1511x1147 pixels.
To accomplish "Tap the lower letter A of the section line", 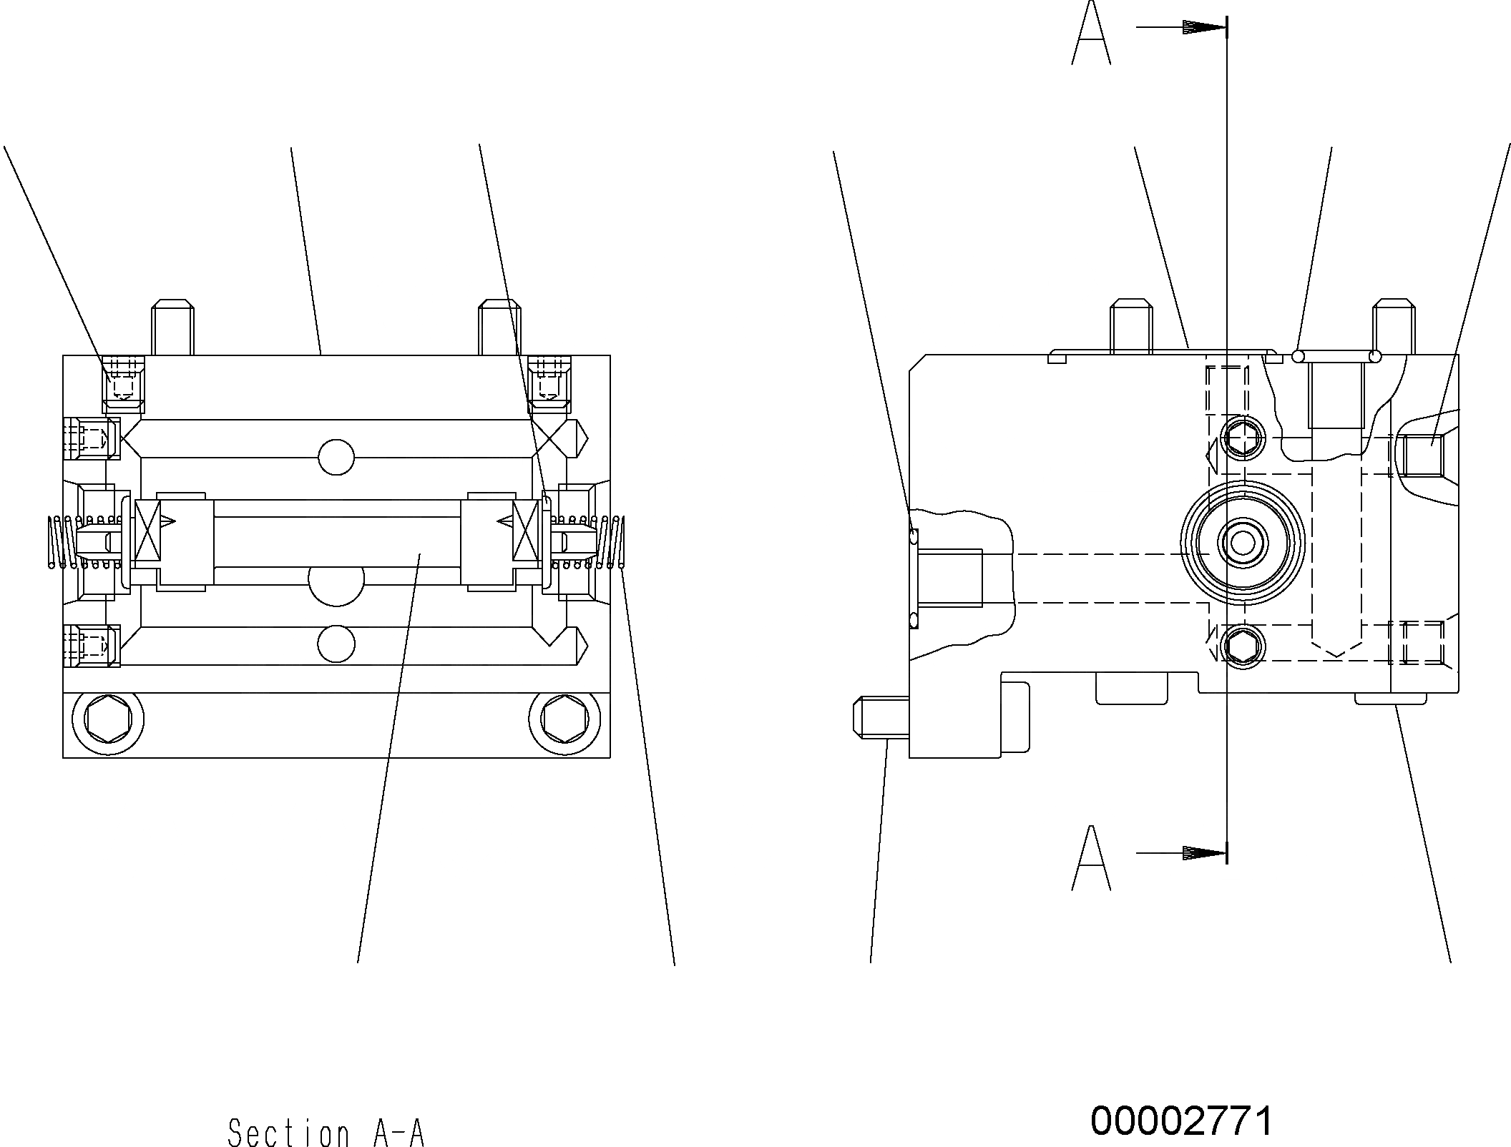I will (1091, 858).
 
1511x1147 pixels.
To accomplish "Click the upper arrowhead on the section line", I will (1205, 28).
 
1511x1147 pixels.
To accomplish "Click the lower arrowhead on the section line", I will (1205, 853).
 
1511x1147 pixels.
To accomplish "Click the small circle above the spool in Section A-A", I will (336, 457).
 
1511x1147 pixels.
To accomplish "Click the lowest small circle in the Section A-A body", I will (336, 643).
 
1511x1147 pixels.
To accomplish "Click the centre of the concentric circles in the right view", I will (1242, 543).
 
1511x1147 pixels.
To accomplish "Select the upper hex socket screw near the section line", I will (1242, 436).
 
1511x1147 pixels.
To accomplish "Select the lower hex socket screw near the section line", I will (1242, 647).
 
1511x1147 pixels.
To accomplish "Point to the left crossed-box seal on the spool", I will (148, 530).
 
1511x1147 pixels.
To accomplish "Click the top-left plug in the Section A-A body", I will (124, 385).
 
